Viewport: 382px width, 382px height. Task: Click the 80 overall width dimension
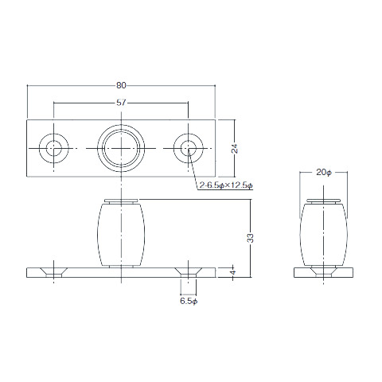(121, 85)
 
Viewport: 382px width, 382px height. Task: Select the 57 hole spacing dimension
(121, 103)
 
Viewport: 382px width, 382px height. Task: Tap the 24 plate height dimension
(235, 149)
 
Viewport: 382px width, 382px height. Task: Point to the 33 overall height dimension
(250, 238)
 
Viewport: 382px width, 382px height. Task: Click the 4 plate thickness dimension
(233, 272)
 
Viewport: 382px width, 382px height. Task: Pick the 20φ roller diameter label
(324, 173)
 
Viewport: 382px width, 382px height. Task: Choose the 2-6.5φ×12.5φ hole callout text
(226, 185)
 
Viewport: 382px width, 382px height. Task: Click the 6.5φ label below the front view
(189, 301)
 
